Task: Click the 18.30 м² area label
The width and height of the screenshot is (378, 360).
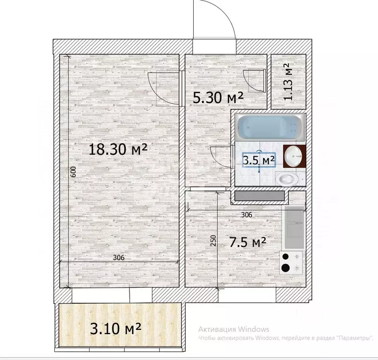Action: (x=118, y=149)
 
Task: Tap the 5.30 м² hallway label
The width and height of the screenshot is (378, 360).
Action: (x=219, y=98)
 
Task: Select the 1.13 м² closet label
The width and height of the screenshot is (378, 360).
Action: (x=288, y=82)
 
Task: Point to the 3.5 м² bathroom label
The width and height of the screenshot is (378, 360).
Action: (x=259, y=160)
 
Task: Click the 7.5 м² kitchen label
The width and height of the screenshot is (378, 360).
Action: (x=248, y=242)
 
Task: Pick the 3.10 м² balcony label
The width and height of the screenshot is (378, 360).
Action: (x=115, y=328)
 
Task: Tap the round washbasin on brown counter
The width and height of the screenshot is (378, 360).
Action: (x=293, y=156)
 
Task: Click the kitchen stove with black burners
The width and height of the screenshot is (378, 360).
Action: (x=291, y=262)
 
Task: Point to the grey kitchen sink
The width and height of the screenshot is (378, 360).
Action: (x=294, y=228)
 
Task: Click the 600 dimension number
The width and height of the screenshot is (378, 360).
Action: (x=74, y=172)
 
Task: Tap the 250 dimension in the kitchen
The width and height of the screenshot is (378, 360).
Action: (x=213, y=241)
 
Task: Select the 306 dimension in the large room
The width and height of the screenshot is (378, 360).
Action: (x=119, y=258)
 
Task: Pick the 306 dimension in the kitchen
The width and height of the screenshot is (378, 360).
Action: (x=247, y=215)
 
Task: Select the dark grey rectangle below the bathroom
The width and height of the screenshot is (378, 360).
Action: (x=259, y=196)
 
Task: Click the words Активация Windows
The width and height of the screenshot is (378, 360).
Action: (x=234, y=329)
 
